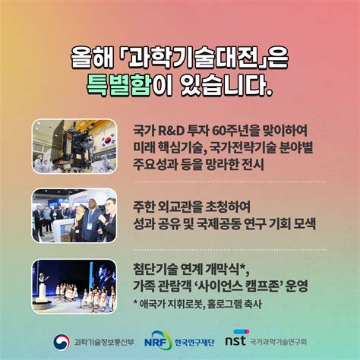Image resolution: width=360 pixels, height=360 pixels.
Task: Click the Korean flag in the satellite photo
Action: (x=108, y=141)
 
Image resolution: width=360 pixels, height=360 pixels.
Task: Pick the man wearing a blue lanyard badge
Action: (x=90, y=220)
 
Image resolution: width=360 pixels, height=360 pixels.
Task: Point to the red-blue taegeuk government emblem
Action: (x=62, y=342)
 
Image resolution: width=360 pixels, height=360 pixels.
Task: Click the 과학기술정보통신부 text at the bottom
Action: (x=104, y=342)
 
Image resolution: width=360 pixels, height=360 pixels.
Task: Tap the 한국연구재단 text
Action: (x=194, y=343)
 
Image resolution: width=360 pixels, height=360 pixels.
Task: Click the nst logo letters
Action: (x=235, y=340)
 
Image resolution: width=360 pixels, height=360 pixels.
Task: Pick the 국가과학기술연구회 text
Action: (x=278, y=342)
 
